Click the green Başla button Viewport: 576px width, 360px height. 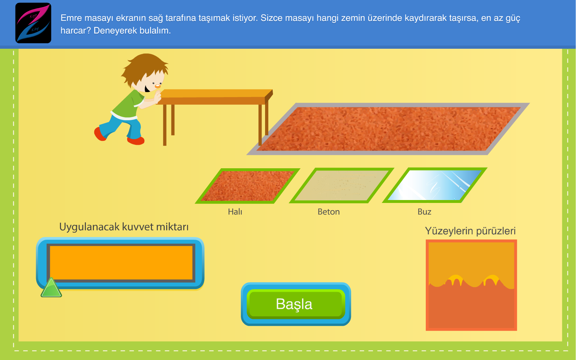coord(296,304)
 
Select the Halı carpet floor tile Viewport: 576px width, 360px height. coord(247,186)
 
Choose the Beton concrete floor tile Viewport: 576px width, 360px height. coord(342,185)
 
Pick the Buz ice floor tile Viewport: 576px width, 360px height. coord(434,185)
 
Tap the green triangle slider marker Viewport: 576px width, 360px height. coord(51,289)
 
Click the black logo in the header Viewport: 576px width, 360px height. coord(33,23)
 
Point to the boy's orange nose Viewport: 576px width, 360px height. coord(157,86)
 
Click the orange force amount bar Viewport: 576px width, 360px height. coord(121,263)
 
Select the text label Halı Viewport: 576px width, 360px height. coord(235,212)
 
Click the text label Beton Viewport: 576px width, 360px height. coord(329,212)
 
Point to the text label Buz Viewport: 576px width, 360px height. coord(424,212)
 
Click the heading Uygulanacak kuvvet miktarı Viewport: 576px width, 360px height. coord(124,227)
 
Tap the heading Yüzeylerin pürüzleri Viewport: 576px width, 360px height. coord(470,231)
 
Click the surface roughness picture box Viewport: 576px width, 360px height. coord(471,285)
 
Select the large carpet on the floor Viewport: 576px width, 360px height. coord(388,129)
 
